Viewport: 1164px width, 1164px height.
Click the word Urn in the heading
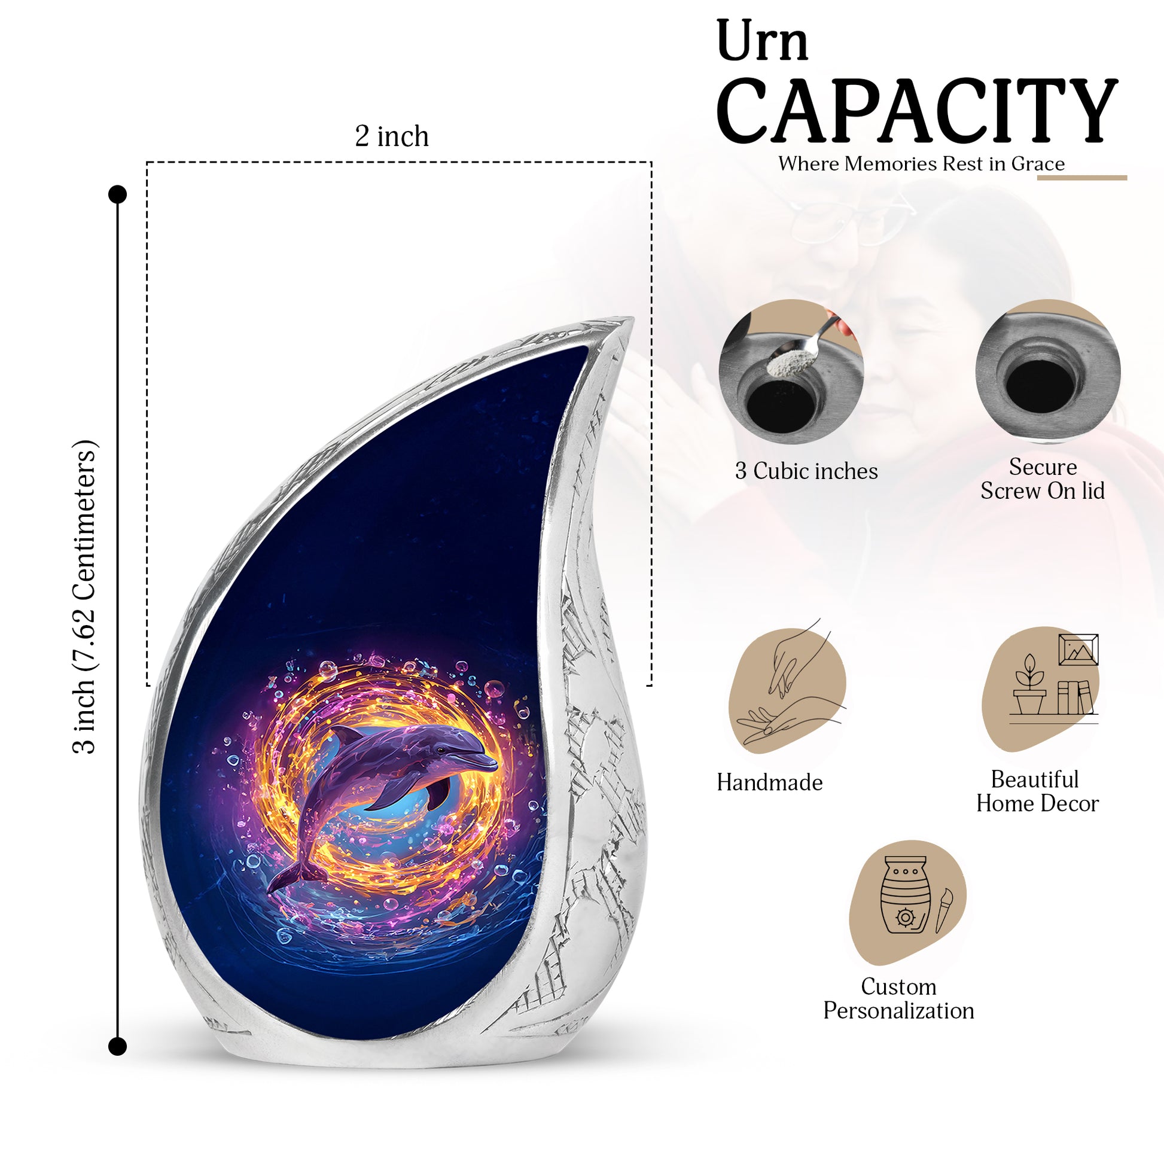[x=762, y=41]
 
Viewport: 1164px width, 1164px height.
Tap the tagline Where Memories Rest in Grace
[x=921, y=163]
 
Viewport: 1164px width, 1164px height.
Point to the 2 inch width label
[x=392, y=136]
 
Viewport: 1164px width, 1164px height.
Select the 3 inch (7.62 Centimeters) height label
[x=85, y=596]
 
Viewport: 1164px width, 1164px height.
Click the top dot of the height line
[x=117, y=194]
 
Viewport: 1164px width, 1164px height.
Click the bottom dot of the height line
[x=117, y=1047]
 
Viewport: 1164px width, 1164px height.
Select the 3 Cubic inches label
[x=806, y=471]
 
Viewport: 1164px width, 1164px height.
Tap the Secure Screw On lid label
[x=1043, y=479]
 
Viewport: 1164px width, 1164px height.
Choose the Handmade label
[x=769, y=782]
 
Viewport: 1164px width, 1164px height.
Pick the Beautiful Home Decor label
[x=1037, y=791]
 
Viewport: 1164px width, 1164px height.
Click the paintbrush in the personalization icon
[x=944, y=910]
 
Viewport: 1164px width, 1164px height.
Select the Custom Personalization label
[x=898, y=998]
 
